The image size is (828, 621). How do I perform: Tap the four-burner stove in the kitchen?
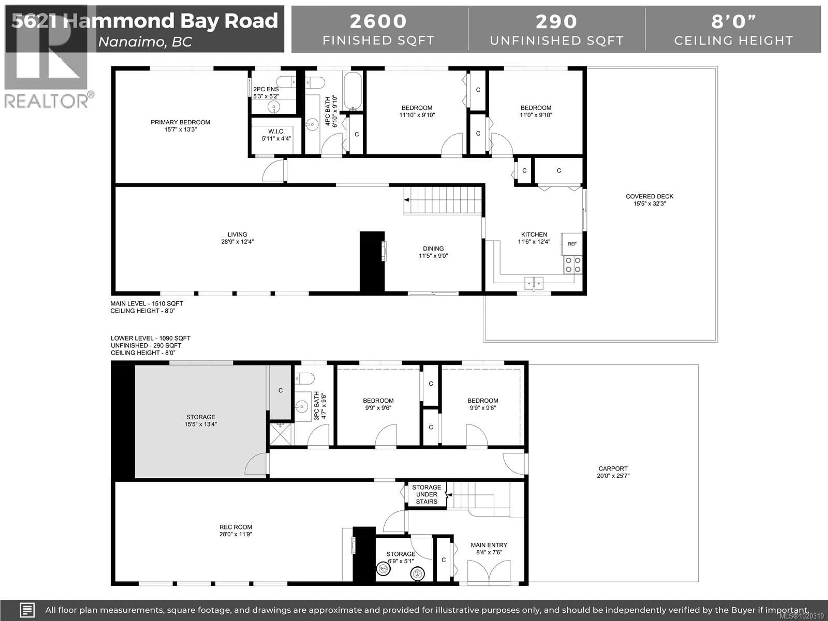(x=573, y=265)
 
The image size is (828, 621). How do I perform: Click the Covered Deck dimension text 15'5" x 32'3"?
(x=649, y=204)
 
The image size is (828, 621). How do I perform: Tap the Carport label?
(x=613, y=468)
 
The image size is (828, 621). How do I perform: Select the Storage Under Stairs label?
(x=426, y=494)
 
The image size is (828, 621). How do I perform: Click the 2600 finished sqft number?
(x=378, y=21)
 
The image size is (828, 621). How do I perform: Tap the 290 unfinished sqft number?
(x=556, y=21)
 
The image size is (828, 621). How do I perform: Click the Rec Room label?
(x=235, y=527)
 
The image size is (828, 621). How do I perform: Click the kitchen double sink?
(x=533, y=283)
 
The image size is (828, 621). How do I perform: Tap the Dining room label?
(x=433, y=249)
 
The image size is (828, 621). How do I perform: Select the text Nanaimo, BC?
(x=145, y=42)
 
